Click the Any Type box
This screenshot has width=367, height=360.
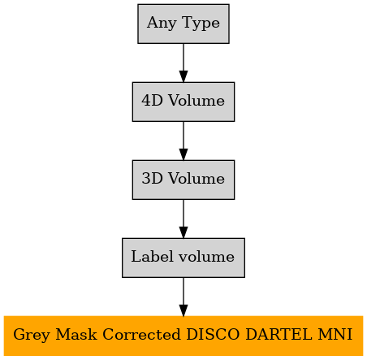pyautogui.click(x=183, y=24)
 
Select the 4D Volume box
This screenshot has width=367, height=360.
pyautogui.click(x=183, y=102)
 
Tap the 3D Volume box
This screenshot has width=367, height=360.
pyautogui.click(x=183, y=180)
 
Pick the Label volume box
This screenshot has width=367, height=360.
pyautogui.click(x=183, y=258)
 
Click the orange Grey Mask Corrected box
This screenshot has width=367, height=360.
pyautogui.click(x=183, y=336)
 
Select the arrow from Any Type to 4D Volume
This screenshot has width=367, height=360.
pyautogui.click(x=183, y=63)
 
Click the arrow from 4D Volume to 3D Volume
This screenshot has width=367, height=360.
pyautogui.click(x=183, y=141)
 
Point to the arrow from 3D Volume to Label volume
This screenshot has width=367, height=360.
pyautogui.click(x=183, y=219)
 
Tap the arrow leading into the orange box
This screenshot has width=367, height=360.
pyautogui.click(x=183, y=297)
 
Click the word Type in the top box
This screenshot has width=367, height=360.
pyautogui.click(x=201, y=24)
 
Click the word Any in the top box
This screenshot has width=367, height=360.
pyautogui.click(x=162, y=24)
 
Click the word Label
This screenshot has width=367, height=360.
pyautogui.click(x=152, y=256)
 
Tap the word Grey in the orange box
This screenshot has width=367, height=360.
pyautogui.click(x=32, y=335)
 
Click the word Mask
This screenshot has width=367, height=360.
pyautogui.click(x=76, y=334)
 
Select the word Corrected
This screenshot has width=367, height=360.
pyautogui.click(x=141, y=334)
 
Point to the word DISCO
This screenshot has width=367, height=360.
pyautogui.click(x=213, y=334)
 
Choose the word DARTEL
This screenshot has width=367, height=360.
pyautogui.click(x=278, y=334)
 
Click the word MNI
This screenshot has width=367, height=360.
pyautogui.click(x=335, y=334)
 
